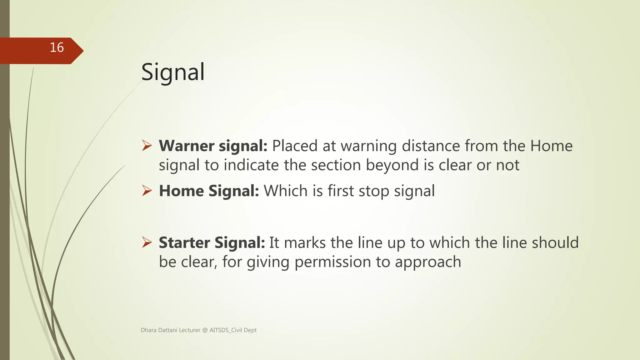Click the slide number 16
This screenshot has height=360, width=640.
pos(57,48)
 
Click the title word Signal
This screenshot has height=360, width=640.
pos(173,72)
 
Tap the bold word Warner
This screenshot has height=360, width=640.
pos(187,146)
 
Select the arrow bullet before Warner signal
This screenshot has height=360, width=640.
pos(147,146)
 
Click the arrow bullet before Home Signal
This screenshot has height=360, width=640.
pos(147,191)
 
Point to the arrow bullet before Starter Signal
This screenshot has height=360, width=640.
pos(147,242)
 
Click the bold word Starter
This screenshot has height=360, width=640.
pos(184,243)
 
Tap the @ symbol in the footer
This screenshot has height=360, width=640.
pos(205,330)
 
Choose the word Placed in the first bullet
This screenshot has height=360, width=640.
pos(295,146)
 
